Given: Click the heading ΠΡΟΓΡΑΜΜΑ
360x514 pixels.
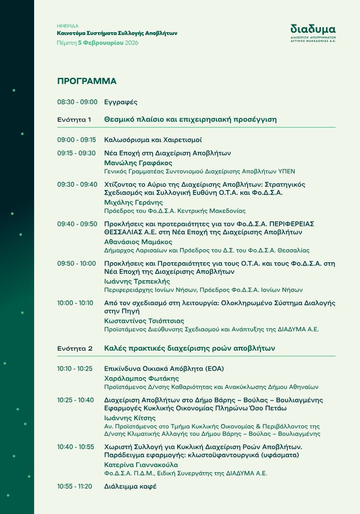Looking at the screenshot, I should (x=87, y=81).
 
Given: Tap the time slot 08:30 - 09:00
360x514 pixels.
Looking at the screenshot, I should (x=77, y=102).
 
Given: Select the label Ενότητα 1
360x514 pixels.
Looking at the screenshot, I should (x=74, y=120).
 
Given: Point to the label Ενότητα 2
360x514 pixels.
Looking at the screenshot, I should (x=75, y=348).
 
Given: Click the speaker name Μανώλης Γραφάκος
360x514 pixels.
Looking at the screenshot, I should (x=138, y=163).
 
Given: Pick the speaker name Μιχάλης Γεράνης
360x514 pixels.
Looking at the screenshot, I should (x=134, y=202).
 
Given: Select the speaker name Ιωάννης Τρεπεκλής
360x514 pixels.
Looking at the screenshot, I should (x=137, y=281).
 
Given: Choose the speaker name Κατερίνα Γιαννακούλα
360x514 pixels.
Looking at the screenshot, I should (x=141, y=465).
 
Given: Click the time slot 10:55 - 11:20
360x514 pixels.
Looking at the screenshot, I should (x=75, y=486).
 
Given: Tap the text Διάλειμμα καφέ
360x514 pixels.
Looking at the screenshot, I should (x=130, y=486).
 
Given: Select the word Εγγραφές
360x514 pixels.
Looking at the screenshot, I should (x=121, y=102).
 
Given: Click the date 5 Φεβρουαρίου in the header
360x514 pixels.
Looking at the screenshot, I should (x=100, y=43).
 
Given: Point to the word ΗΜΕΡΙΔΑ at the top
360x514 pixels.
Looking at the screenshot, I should (x=68, y=26).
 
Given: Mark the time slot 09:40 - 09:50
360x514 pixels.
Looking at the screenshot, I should (x=77, y=224).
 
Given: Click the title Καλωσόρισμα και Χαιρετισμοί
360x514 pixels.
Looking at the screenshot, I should (x=153, y=140).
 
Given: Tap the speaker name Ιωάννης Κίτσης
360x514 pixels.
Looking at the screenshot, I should (x=130, y=418).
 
